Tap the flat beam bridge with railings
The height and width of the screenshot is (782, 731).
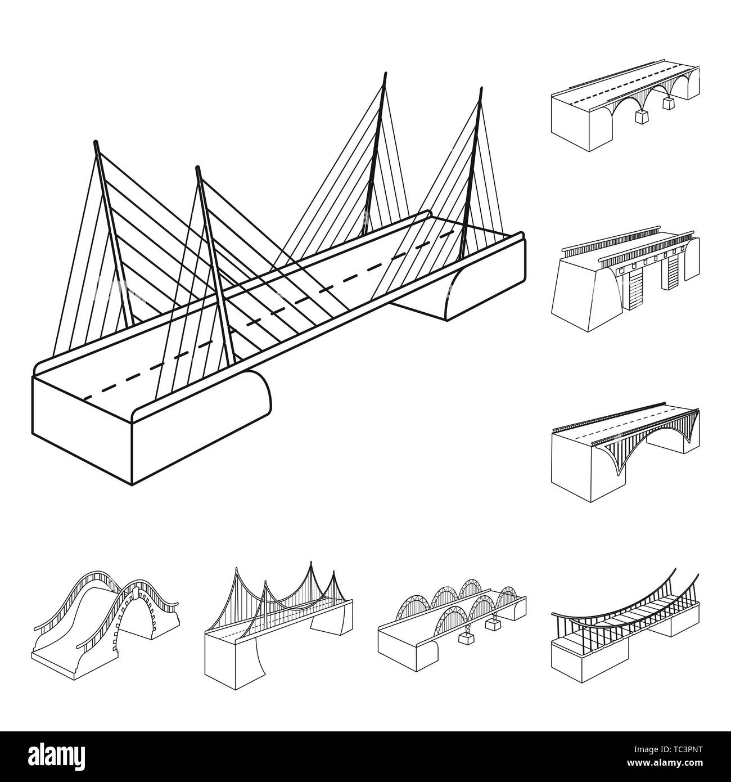click(624, 270)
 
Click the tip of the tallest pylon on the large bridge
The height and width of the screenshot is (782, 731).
click(386, 74)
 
